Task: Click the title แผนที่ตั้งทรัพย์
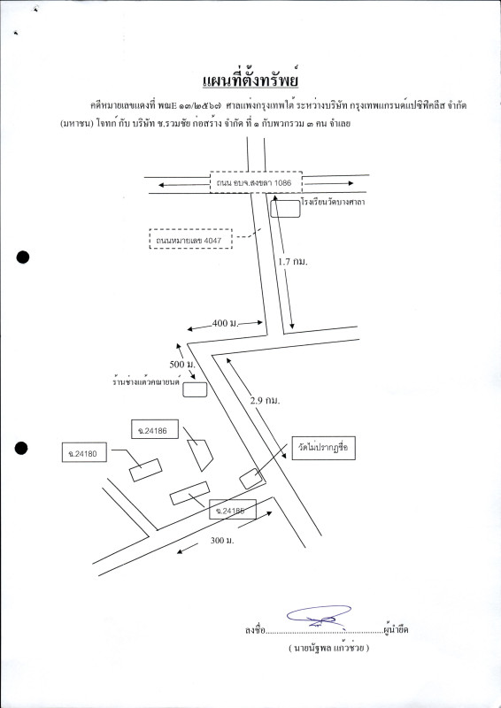[251, 81]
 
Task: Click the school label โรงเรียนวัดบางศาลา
[333, 202]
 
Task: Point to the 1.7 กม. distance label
[293, 261]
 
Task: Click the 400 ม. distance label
[225, 323]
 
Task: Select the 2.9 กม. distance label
[266, 400]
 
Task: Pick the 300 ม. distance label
[222, 541]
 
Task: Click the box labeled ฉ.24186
[155, 429]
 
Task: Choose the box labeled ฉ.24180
[84, 452]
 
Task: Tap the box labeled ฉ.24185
[233, 510]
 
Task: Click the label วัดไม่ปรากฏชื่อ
[323, 448]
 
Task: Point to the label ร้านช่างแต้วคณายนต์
[146, 381]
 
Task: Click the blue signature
[320, 616]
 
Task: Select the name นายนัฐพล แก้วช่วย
[328, 649]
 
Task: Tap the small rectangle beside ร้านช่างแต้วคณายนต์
[195, 389]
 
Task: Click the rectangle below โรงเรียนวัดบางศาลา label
[285, 209]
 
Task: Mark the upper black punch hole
[23, 258]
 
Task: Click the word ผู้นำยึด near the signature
[396, 629]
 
